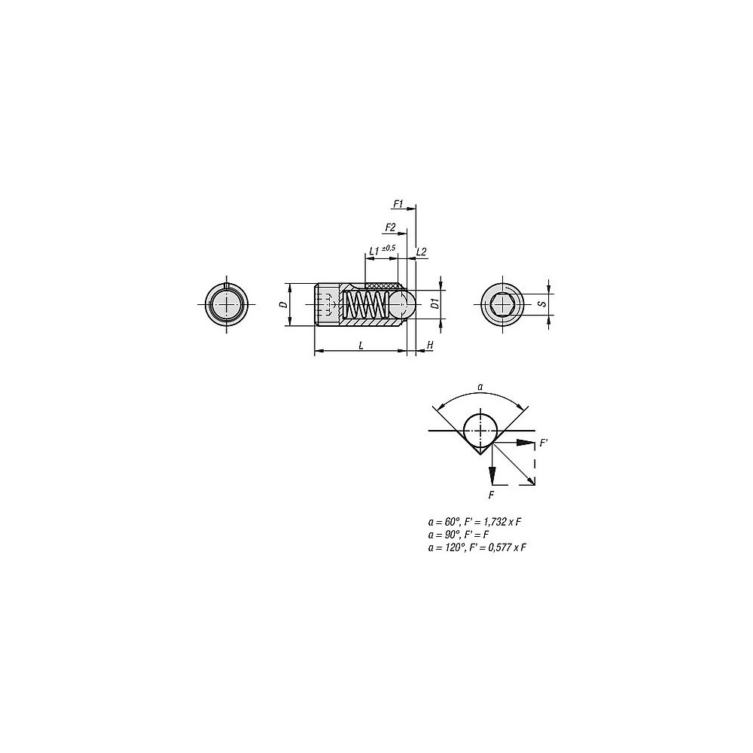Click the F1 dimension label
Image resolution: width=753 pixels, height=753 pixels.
click(x=398, y=204)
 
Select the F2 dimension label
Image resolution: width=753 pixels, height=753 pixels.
click(x=390, y=227)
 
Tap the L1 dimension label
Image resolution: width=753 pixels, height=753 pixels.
click(x=374, y=252)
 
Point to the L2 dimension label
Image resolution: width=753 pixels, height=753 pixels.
click(x=421, y=252)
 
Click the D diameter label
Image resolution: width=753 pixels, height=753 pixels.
click(x=284, y=304)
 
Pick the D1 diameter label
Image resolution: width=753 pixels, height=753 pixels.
click(x=434, y=303)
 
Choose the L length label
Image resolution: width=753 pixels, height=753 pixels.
click(x=361, y=345)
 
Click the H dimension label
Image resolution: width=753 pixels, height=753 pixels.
click(x=430, y=346)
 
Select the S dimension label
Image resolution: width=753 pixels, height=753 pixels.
click(x=543, y=304)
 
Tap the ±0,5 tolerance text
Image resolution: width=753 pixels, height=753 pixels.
click(x=388, y=248)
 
